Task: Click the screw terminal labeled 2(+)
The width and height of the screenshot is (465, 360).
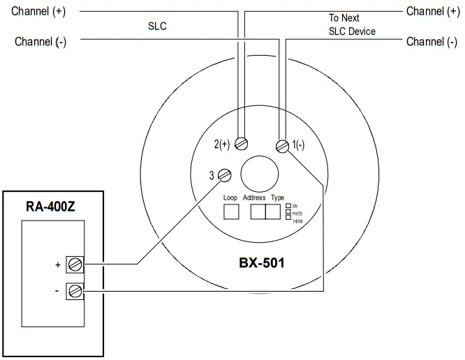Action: [x=242, y=143]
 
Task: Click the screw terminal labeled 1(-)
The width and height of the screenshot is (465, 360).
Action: [x=283, y=146]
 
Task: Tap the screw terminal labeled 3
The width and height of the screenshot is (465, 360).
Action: [x=225, y=175]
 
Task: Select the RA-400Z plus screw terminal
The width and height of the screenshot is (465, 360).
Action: [x=75, y=264]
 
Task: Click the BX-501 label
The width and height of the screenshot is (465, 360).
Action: [x=262, y=264]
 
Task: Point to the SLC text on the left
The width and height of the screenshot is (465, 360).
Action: [x=158, y=26]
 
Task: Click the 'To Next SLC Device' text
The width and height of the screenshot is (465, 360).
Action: [x=352, y=24]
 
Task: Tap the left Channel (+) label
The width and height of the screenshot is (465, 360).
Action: [x=40, y=11]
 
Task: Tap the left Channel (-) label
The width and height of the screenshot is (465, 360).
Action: [x=40, y=42]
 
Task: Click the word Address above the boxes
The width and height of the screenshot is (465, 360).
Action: [x=254, y=198]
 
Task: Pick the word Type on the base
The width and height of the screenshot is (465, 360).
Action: [x=277, y=198]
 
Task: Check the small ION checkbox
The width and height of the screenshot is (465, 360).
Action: [x=288, y=207]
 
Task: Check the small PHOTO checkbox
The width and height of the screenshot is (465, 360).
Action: [x=288, y=212]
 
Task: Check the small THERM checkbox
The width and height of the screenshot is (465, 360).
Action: [x=288, y=218]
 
